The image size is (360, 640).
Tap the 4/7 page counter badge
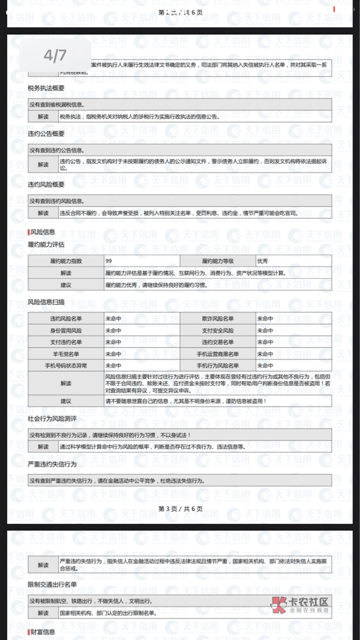pyautogui.click(x=55, y=55)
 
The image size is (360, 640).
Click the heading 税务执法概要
pyautogui.click(x=46, y=88)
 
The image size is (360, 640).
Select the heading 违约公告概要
pyautogui.click(x=46, y=134)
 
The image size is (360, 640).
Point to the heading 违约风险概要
pyautogui.click(x=46, y=184)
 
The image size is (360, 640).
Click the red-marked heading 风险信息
pyautogui.click(x=42, y=232)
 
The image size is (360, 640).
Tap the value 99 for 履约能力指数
pyautogui.click(x=109, y=261)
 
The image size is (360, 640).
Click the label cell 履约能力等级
pyautogui.click(x=217, y=261)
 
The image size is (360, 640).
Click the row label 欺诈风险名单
pyautogui.click(x=217, y=318)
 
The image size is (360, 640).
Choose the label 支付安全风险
pyautogui.click(x=217, y=330)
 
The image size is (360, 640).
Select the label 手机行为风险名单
pyautogui.click(x=217, y=365)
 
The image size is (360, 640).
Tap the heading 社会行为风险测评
pyautogui.click(x=52, y=418)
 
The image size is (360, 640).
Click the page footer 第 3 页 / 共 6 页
pyautogui.click(x=180, y=508)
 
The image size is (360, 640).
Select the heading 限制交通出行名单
pyautogui.click(x=52, y=584)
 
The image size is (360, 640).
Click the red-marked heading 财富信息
pyautogui.click(x=42, y=632)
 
